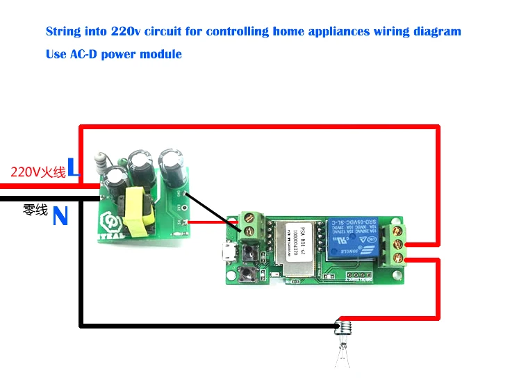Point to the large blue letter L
click(x=74, y=168)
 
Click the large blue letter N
click(x=60, y=217)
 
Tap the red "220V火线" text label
click(x=38, y=172)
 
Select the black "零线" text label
click(x=36, y=208)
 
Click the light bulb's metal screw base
click(x=341, y=326)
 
